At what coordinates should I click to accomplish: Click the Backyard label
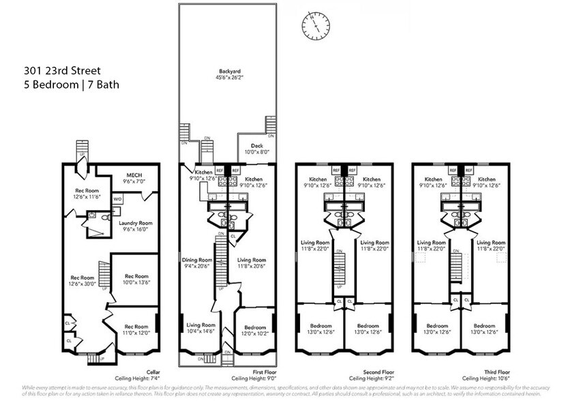pos(229,71)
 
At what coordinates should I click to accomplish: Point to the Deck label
pos(257,145)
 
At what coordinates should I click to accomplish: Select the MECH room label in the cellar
pos(132,175)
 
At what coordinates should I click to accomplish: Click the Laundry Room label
pos(135,223)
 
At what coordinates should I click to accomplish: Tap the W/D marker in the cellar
pos(117,199)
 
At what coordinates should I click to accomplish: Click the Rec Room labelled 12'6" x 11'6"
pos(87,190)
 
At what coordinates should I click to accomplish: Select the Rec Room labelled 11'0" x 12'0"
pos(136,327)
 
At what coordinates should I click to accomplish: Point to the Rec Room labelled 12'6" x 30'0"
pos(83,278)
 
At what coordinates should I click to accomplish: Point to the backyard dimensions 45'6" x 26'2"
pos(229,77)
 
